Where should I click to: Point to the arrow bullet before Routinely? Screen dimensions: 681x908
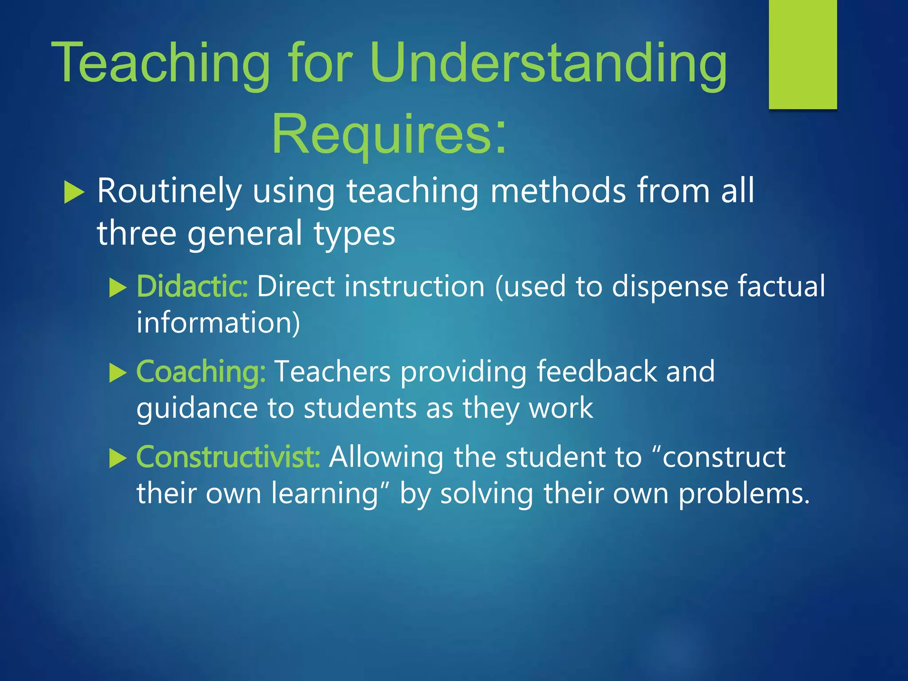coord(74,192)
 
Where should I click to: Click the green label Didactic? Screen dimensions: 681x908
coord(192,286)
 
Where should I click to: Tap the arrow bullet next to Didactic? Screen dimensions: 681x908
coord(118,288)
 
